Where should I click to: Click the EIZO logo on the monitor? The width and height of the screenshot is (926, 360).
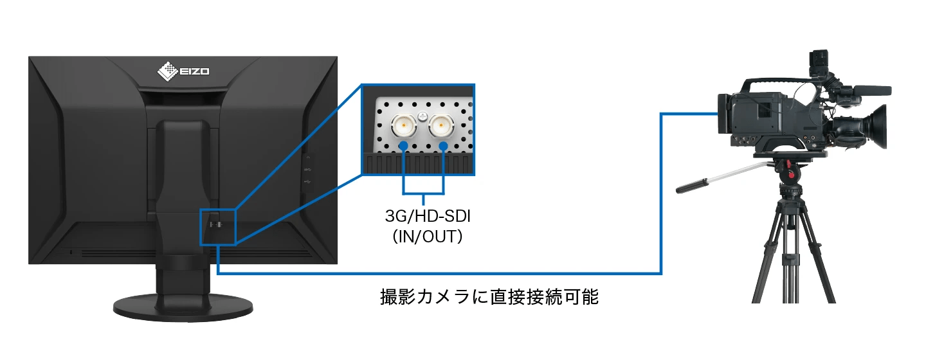pyautogui.click(x=183, y=71)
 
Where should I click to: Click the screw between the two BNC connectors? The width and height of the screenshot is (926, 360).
pyautogui.click(x=422, y=116)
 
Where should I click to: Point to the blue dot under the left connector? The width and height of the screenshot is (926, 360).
pyautogui.click(x=403, y=147)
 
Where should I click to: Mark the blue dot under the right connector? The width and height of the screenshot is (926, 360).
pyautogui.click(x=444, y=147)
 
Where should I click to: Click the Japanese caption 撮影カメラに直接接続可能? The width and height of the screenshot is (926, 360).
pyautogui.click(x=489, y=298)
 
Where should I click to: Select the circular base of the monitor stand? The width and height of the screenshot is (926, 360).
pyautogui.click(x=183, y=307)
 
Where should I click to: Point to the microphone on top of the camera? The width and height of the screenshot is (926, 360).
pyautogui.click(x=871, y=91)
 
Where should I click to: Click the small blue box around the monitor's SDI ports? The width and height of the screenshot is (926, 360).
pyautogui.click(x=219, y=226)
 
